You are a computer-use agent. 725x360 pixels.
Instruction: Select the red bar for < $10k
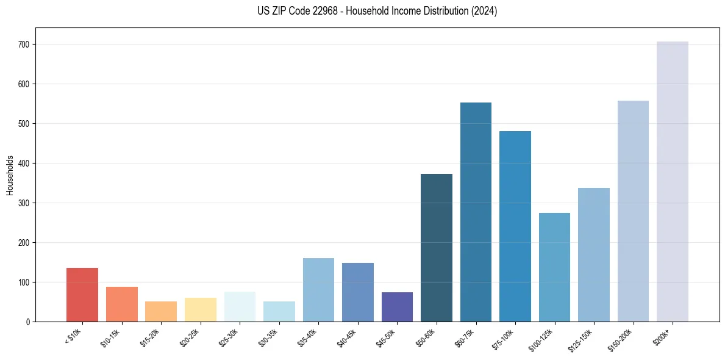tap(82, 295)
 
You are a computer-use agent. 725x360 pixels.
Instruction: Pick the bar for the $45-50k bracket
tap(397, 307)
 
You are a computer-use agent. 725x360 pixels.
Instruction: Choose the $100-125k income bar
tap(554, 267)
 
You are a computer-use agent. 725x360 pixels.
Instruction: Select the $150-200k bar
tap(633, 211)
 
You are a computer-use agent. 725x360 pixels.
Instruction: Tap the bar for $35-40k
tap(318, 290)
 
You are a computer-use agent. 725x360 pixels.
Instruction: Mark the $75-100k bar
tap(515, 226)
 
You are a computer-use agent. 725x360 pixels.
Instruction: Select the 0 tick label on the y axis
tap(29, 322)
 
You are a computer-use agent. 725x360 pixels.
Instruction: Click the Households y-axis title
tap(10, 175)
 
